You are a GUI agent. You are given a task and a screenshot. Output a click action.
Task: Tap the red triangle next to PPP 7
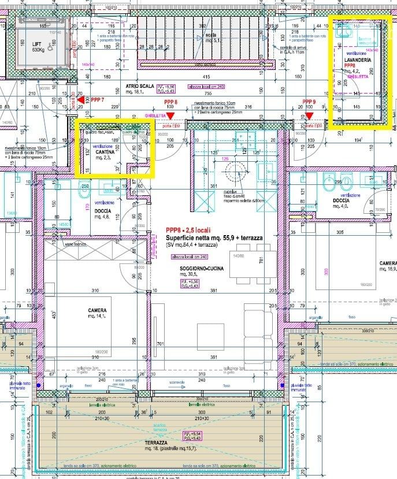pos(80,100)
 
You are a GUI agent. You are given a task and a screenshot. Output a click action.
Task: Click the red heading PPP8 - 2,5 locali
pos(188,229)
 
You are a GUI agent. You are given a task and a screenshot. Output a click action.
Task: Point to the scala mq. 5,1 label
pos(213,37)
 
